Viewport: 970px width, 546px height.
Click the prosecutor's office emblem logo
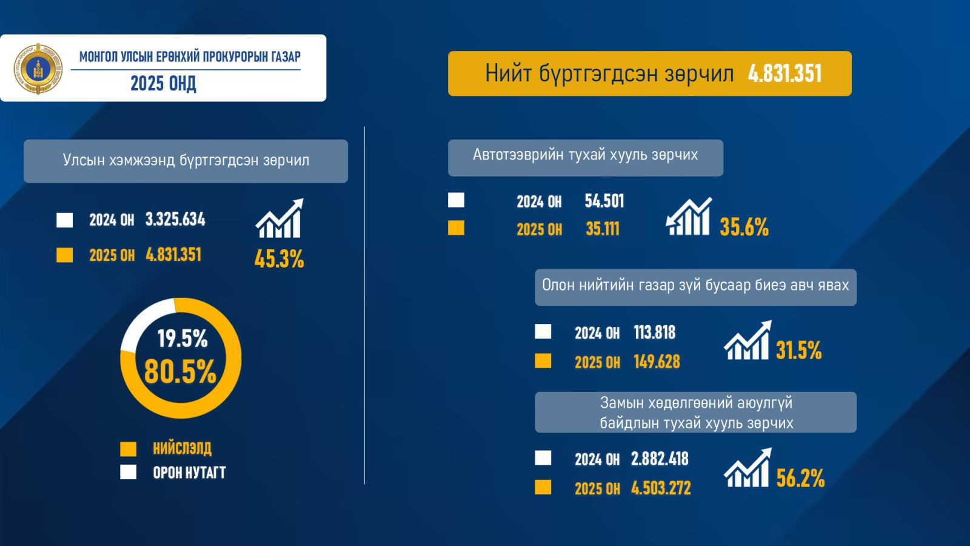[x=38, y=68]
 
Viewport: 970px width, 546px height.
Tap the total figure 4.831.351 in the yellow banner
[x=784, y=74]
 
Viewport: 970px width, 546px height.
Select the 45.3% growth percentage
[x=279, y=259]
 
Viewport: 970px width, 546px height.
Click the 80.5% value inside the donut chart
[x=180, y=371]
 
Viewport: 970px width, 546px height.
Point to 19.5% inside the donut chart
[x=182, y=339]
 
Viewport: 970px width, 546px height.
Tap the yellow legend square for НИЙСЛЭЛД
[x=128, y=449]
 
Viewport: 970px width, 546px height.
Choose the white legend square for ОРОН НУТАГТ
[x=128, y=472]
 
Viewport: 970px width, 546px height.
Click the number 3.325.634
[x=175, y=220]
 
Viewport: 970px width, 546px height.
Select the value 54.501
[x=604, y=201]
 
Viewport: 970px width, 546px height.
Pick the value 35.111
[x=602, y=229]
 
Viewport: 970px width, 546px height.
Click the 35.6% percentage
[x=744, y=227]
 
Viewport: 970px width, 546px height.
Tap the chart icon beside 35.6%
[x=689, y=217]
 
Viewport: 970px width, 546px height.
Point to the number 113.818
[x=654, y=332]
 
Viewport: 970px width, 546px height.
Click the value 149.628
[x=657, y=362]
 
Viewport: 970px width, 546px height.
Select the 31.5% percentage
[x=798, y=351]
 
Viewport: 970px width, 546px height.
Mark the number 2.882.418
[x=660, y=459]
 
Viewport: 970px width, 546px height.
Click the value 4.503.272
[x=661, y=488]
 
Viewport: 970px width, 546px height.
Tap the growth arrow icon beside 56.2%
[x=748, y=468]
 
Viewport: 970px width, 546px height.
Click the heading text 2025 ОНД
[x=163, y=84]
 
